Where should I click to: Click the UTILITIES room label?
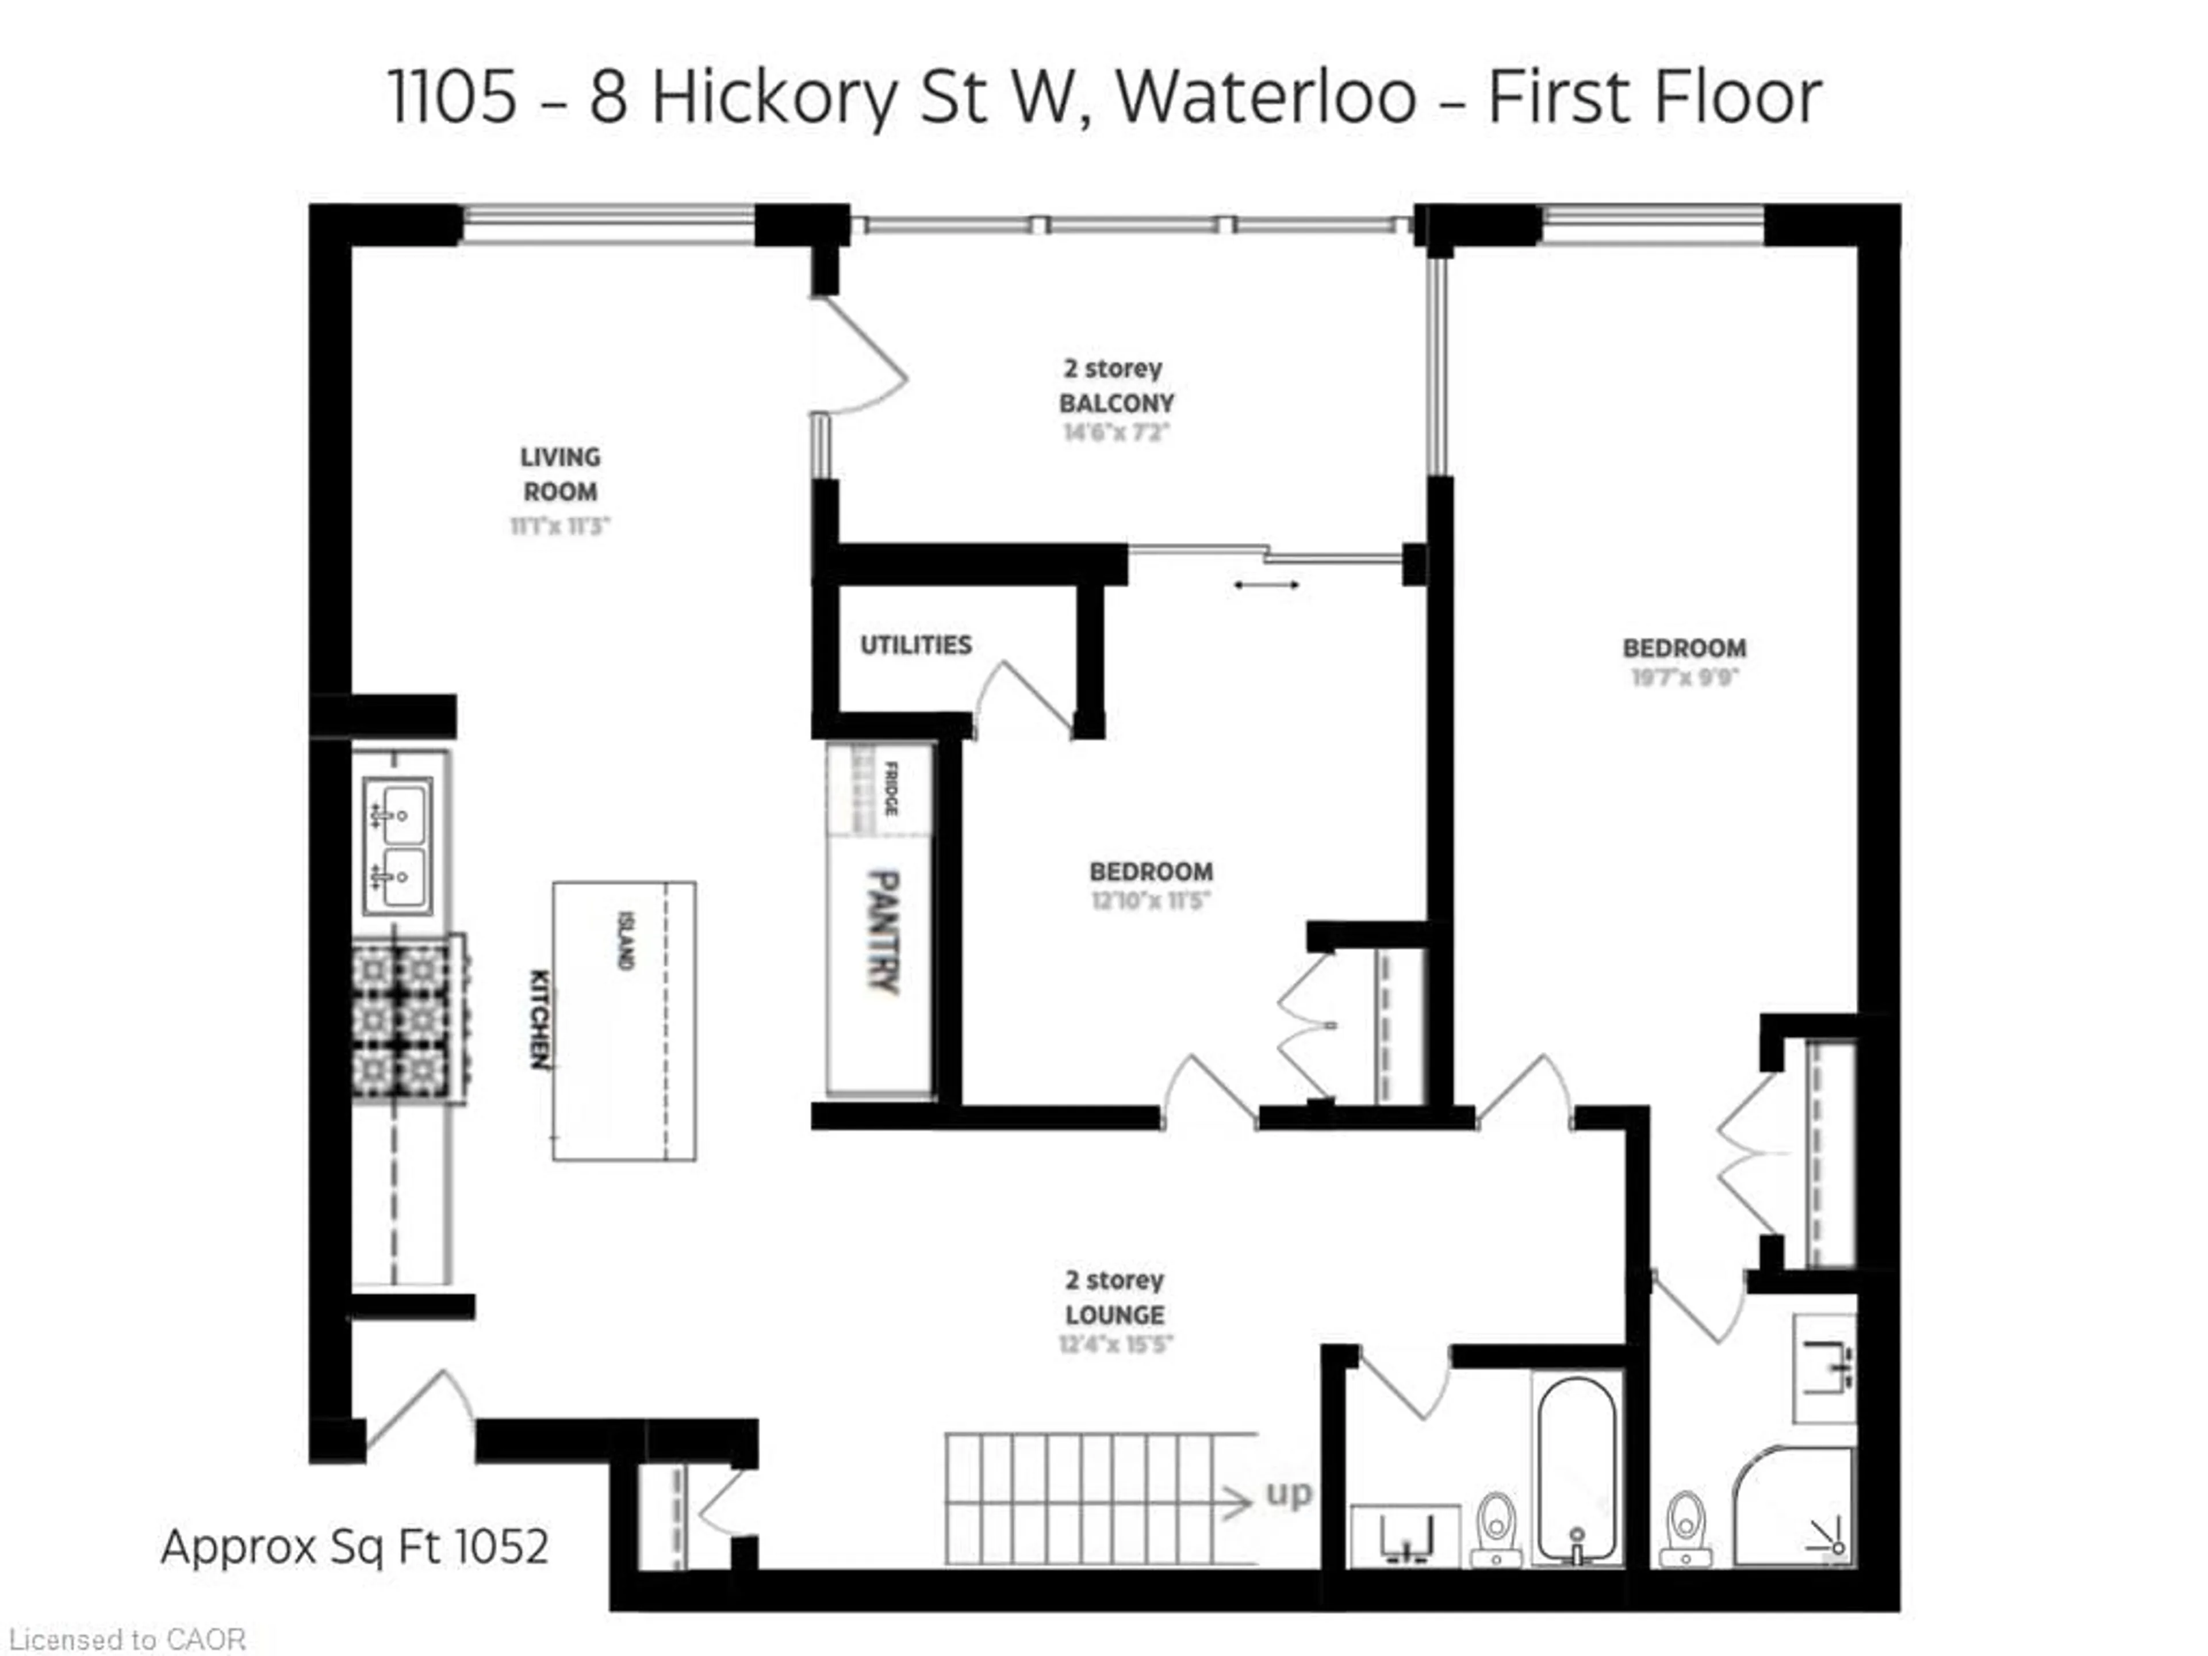click(x=915, y=645)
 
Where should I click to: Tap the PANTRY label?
click(x=883, y=931)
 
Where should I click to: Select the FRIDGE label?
click(x=890, y=788)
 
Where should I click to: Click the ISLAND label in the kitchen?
click(x=626, y=940)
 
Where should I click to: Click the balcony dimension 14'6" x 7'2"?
click(x=1116, y=432)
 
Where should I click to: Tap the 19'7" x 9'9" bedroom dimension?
click(x=1684, y=678)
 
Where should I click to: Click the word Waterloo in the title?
click(x=1266, y=97)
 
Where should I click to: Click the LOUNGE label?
click(x=1114, y=1314)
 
